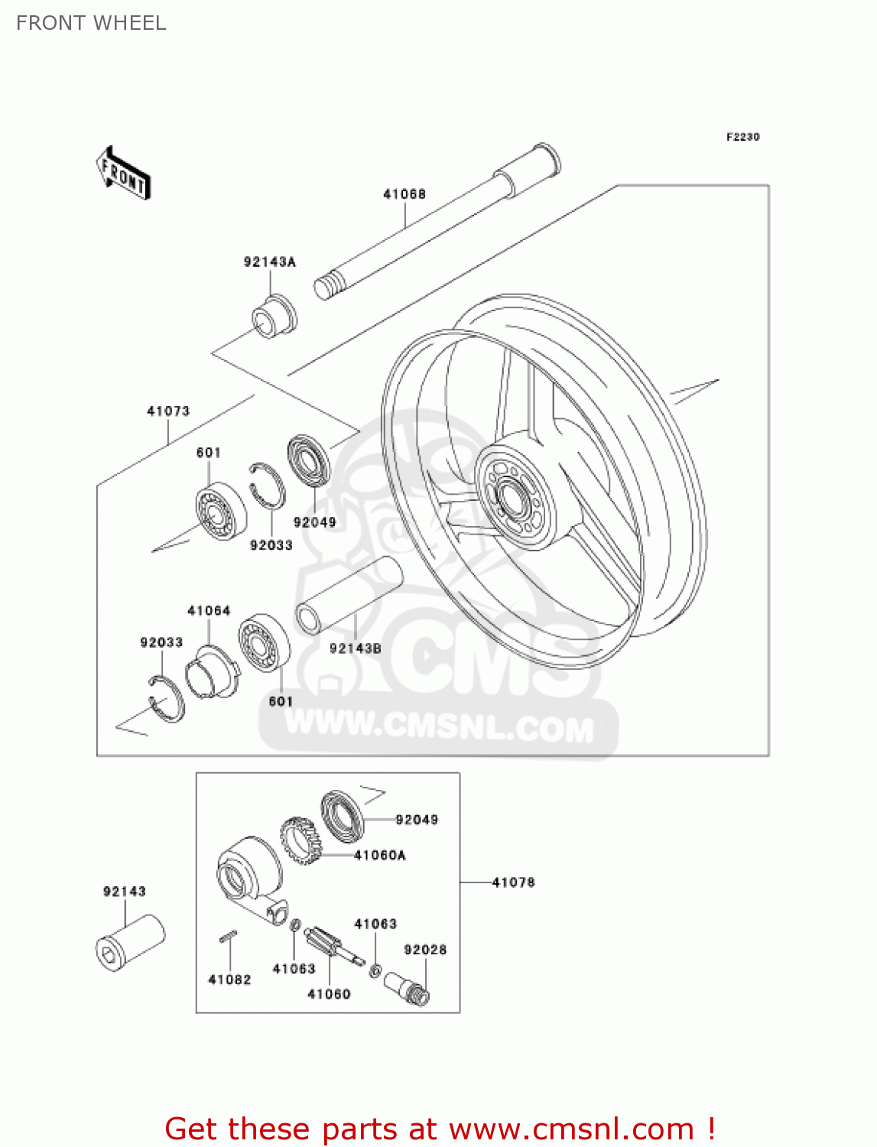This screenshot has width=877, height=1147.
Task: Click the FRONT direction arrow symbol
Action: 123,174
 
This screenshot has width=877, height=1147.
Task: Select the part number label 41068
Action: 404,194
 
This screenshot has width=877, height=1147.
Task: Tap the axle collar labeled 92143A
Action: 274,315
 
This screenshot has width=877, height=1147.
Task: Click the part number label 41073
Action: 168,411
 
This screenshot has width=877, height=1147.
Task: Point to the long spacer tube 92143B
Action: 349,596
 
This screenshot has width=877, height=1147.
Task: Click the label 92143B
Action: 355,648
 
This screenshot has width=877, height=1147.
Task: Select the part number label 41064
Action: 209,611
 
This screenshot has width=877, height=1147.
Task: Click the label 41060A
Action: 380,855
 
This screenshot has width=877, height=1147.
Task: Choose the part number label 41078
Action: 513,882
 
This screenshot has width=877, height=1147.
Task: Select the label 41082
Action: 229,980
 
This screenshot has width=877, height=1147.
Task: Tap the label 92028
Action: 425,950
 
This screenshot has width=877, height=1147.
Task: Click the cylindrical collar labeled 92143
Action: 130,942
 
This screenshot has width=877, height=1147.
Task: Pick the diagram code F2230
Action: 742,137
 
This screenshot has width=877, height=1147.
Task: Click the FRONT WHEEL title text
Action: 91,23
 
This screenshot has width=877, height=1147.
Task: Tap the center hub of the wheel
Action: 512,498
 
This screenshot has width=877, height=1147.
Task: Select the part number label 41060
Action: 329,994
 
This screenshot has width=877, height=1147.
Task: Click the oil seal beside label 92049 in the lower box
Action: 341,815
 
